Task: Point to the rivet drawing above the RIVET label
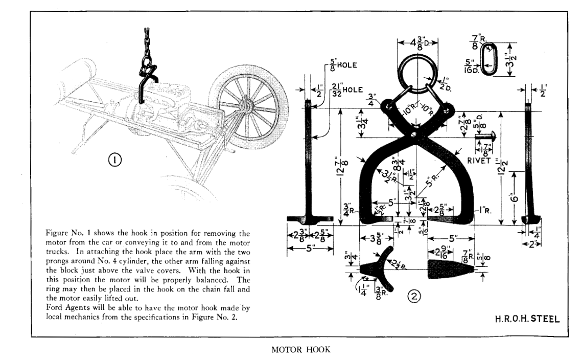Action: click(486, 137)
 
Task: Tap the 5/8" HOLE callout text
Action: click(342, 65)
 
